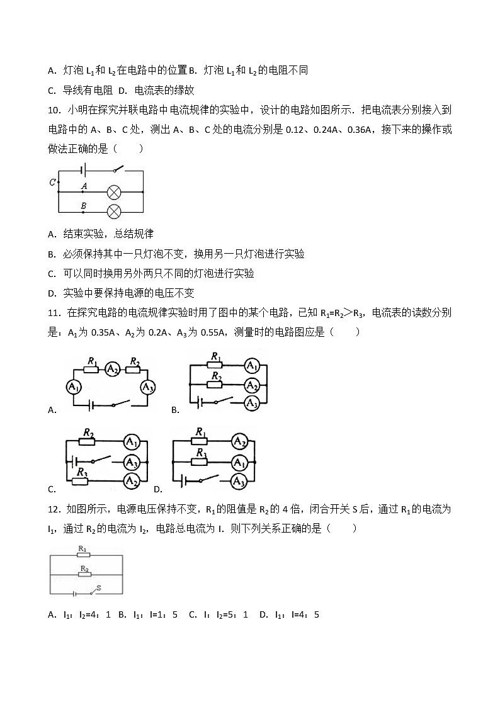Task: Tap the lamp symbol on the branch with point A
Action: tap(114, 191)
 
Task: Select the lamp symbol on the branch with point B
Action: tap(114, 211)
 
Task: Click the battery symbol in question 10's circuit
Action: tap(82, 170)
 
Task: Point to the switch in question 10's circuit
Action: tap(117, 169)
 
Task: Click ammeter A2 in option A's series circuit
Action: tap(113, 369)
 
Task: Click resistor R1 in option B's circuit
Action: tap(216, 366)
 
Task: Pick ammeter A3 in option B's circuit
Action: tap(251, 402)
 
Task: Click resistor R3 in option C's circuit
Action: tap(80, 481)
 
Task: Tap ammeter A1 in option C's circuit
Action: tap(131, 443)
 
